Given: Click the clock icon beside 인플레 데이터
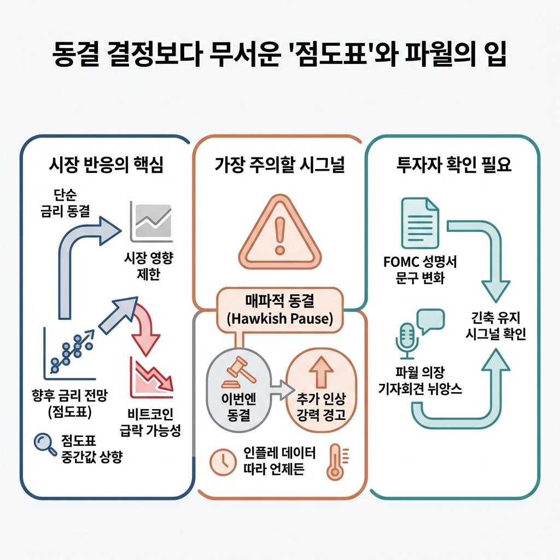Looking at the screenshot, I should click(x=222, y=462).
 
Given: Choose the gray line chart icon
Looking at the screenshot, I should click(x=150, y=222).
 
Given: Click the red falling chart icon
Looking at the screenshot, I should click(x=151, y=378).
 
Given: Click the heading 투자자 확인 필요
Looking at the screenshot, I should click(x=453, y=166).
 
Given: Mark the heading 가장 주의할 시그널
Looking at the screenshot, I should click(x=279, y=166).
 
